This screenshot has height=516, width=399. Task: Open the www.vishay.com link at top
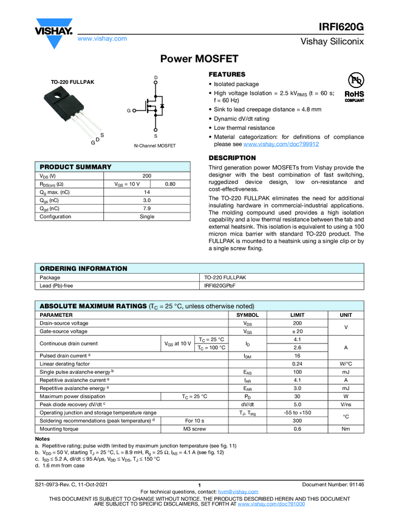tap(102, 38)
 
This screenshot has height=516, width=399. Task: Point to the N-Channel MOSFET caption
tap(155, 146)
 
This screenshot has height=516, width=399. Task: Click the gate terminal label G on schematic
tap(129, 111)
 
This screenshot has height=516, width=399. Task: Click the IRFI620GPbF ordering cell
tap(220, 285)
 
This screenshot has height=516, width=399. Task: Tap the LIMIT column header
tap(297, 315)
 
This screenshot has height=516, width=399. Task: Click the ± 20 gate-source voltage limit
tap(297, 331)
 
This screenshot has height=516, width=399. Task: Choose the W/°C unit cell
tap(346, 364)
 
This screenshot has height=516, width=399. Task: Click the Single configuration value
tap(147, 217)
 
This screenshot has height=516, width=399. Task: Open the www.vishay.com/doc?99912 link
tap(281, 144)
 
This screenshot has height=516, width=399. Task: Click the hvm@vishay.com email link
tap(234, 491)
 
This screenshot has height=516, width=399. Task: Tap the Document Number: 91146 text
tap(333, 483)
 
